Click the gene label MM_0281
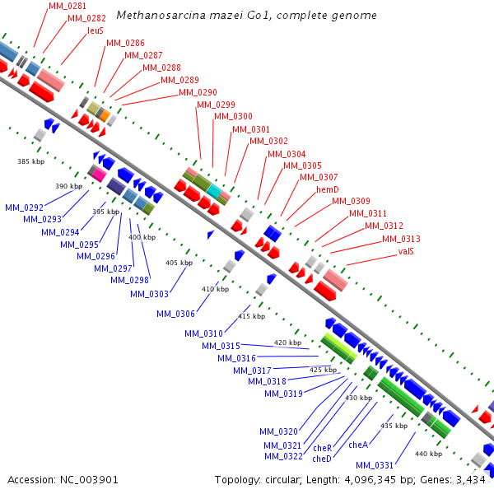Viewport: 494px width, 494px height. click(x=68, y=6)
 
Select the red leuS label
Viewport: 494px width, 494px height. click(x=96, y=30)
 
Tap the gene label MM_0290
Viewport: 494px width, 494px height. click(x=198, y=92)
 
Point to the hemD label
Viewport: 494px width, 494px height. click(x=328, y=189)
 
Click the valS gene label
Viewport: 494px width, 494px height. click(x=406, y=251)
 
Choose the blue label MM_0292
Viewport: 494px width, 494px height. click(x=24, y=207)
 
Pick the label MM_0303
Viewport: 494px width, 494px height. click(x=149, y=294)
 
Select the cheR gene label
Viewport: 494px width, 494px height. click(x=322, y=448)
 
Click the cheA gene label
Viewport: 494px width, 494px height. click(x=358, y=445)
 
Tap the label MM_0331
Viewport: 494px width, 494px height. click(x=375, y=465)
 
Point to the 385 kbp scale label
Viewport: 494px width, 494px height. click(x=31, y=161)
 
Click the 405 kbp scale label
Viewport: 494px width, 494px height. click(x=179, y=263)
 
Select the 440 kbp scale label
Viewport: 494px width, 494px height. click(x=428, y=454)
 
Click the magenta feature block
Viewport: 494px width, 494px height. click(x=99, y=175)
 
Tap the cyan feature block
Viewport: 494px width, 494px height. click(x=214, y=191)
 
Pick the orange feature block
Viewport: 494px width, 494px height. click(x=105, y=116)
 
